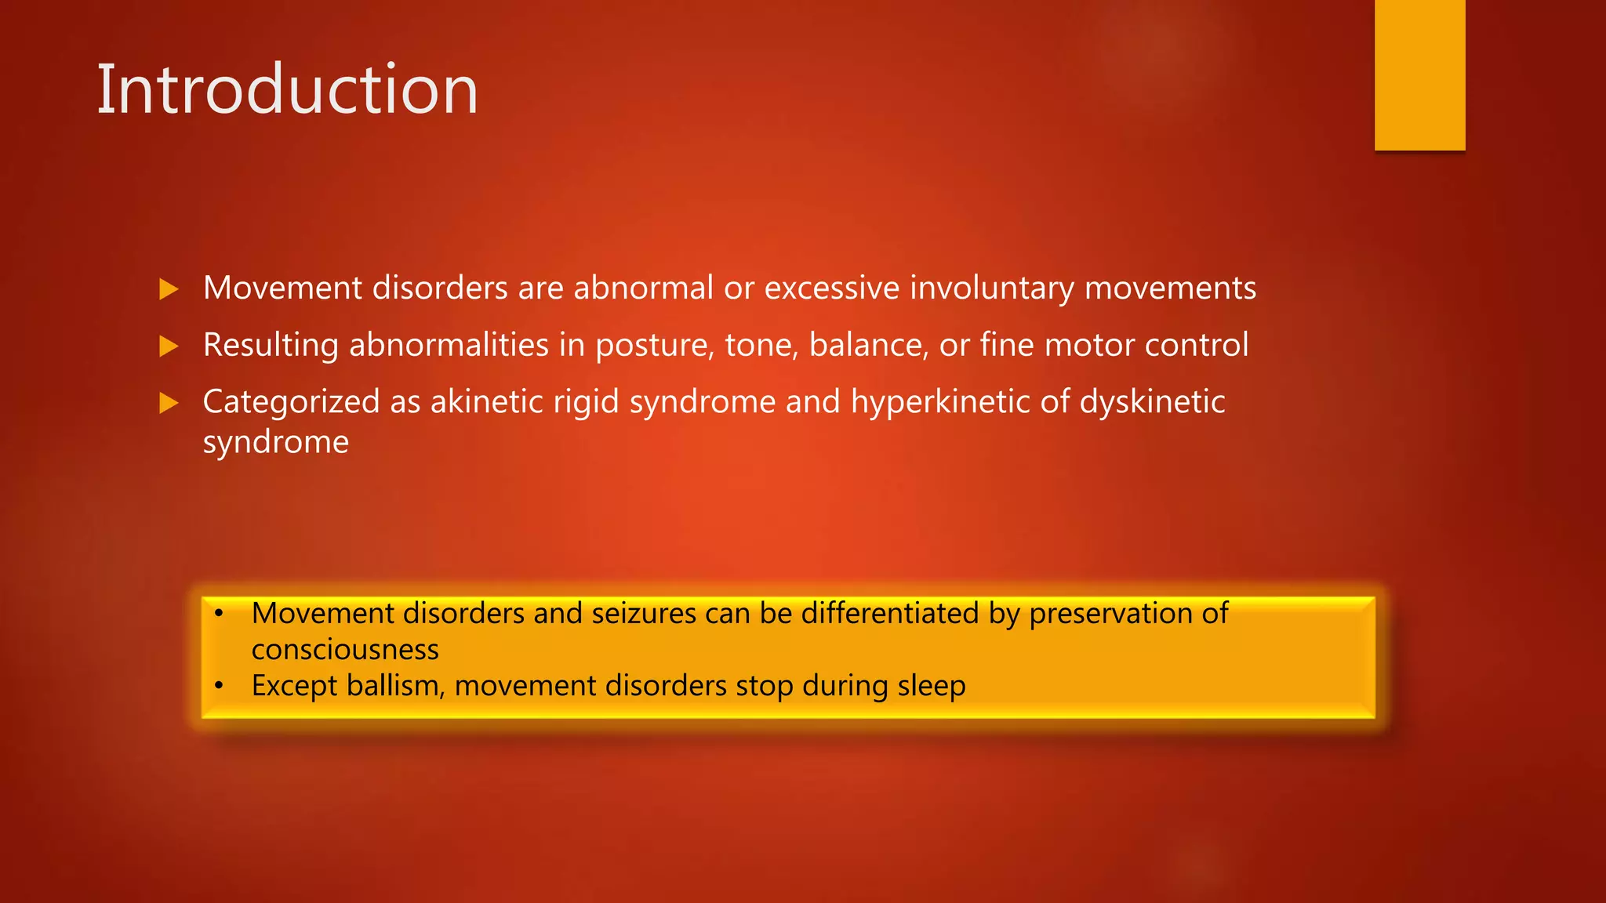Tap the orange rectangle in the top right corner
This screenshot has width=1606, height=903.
point(1419,74)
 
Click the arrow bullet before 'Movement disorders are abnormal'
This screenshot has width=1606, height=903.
point(169,289)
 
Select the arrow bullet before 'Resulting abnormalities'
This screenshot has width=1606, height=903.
point(169,346)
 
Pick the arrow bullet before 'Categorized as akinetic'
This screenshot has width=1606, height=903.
point(169,403)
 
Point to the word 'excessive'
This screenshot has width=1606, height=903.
point(831,288)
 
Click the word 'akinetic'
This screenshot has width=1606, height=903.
point(486,401)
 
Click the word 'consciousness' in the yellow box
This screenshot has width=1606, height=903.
point(345,650)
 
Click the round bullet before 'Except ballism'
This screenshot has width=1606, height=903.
point(220,686)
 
